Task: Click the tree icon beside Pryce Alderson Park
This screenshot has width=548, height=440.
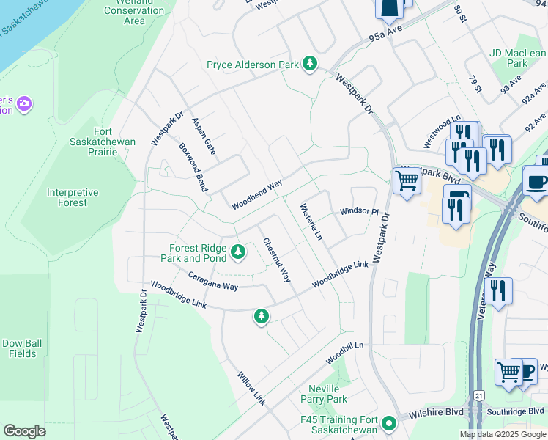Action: point(311,65)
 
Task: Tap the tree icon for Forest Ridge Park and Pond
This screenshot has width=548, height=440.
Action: point(237,252)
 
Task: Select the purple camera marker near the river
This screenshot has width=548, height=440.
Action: point(24,103)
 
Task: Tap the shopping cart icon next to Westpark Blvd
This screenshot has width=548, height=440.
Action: point(407,180)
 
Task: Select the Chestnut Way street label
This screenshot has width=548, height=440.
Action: point(276,260)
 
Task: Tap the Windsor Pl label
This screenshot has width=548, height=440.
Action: point(358,212)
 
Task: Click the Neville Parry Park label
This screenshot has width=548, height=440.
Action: point(324,394)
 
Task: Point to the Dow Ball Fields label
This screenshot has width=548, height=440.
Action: point(19,348)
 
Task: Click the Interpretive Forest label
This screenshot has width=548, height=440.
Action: point(72,197)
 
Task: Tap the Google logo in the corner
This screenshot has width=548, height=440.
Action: point(24,431)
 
